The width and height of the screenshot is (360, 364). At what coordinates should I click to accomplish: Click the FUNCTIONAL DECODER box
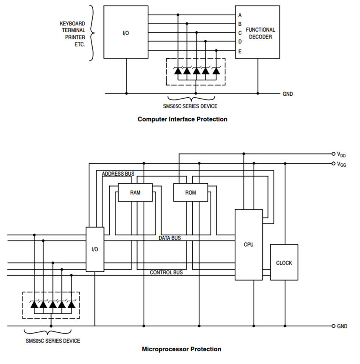(260, 33)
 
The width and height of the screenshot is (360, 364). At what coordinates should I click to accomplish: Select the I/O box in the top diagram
(126, 33)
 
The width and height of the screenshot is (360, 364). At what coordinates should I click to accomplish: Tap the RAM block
(135, 193)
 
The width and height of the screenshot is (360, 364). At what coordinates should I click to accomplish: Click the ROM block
(191, 193)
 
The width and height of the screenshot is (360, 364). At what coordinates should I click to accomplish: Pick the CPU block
(249, 245)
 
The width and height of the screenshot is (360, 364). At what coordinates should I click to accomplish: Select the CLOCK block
(284, 263)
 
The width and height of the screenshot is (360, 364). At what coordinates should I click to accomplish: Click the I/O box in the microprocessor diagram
(95, 249)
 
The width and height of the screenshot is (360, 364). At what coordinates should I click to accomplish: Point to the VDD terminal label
(342, 154)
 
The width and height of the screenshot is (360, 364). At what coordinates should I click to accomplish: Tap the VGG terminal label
(342, 164)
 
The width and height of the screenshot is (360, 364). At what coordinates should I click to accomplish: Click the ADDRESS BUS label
(118, 174)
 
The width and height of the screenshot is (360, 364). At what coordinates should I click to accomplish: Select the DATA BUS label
(169, 238)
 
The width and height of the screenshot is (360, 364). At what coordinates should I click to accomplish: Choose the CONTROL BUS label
(166, 273)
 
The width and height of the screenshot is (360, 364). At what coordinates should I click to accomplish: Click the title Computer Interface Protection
(182, 119)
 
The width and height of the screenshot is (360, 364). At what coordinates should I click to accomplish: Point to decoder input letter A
(240, 15)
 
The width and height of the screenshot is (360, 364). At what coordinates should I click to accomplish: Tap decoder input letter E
(240, 52)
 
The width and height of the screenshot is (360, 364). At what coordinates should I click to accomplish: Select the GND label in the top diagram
(288, 94)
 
